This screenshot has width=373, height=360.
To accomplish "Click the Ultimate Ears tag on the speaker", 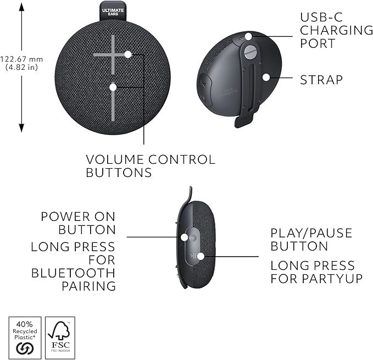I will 113,11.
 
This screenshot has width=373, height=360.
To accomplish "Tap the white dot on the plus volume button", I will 128,54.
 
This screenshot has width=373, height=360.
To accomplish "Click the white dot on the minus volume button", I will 113,87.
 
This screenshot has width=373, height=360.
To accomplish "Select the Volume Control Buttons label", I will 151,166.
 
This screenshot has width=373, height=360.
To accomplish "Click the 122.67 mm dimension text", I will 22,59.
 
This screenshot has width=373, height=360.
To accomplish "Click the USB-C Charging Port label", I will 336,29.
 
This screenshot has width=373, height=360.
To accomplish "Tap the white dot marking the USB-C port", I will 248,36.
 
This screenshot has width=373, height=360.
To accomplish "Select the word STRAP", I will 321,80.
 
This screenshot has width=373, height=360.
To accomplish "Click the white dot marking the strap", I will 266,77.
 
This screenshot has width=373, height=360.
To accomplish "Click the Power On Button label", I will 79,223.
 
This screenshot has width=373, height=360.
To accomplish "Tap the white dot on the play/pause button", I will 201,256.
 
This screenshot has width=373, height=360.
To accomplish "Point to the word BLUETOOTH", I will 74,273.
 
